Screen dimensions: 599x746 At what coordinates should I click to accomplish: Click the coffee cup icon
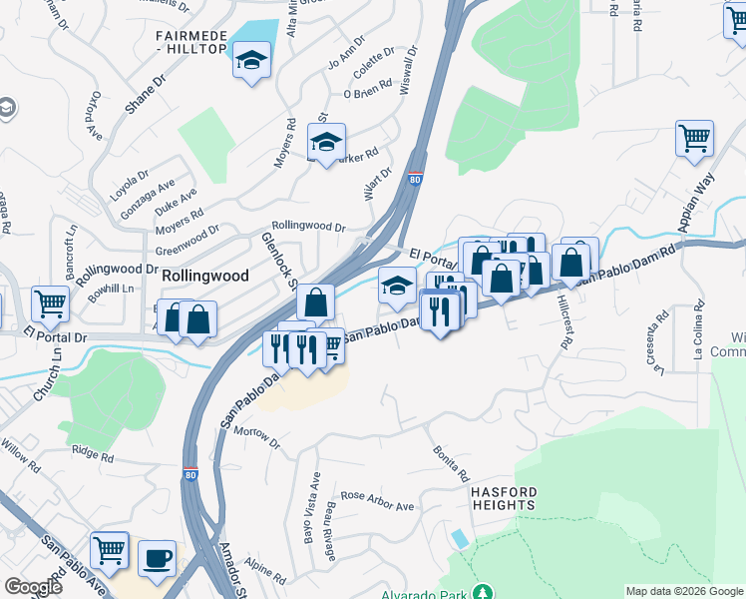click(157, 557)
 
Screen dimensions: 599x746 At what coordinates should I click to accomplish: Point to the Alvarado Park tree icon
click(483, 593)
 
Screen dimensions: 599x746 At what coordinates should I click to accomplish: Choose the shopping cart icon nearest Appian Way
click(694, 138)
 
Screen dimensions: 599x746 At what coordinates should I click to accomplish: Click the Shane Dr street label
click(145, 95)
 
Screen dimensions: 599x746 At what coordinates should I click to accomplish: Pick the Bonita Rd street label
click(451, 465)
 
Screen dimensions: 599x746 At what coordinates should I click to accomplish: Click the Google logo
click(33, 587)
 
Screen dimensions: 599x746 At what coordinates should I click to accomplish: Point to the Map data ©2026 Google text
click(684, 591)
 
